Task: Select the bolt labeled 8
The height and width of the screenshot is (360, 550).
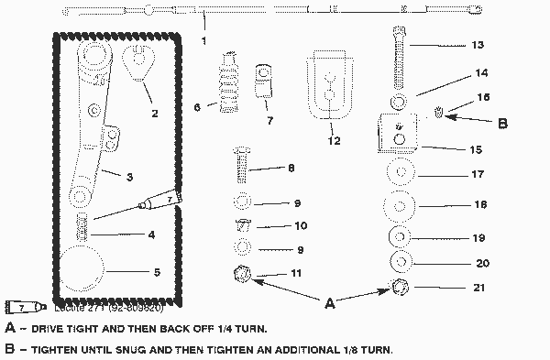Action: pos(241,167)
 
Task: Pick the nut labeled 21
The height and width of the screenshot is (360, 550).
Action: pos(401,287)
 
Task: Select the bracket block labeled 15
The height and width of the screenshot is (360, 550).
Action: pos(398,130)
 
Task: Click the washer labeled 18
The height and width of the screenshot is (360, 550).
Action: pos(401,204)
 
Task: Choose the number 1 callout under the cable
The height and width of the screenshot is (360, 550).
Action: pos(203,41)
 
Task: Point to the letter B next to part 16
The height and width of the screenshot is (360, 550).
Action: pos(500,119)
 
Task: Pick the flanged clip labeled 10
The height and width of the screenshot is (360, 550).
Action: pos(242,224)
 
